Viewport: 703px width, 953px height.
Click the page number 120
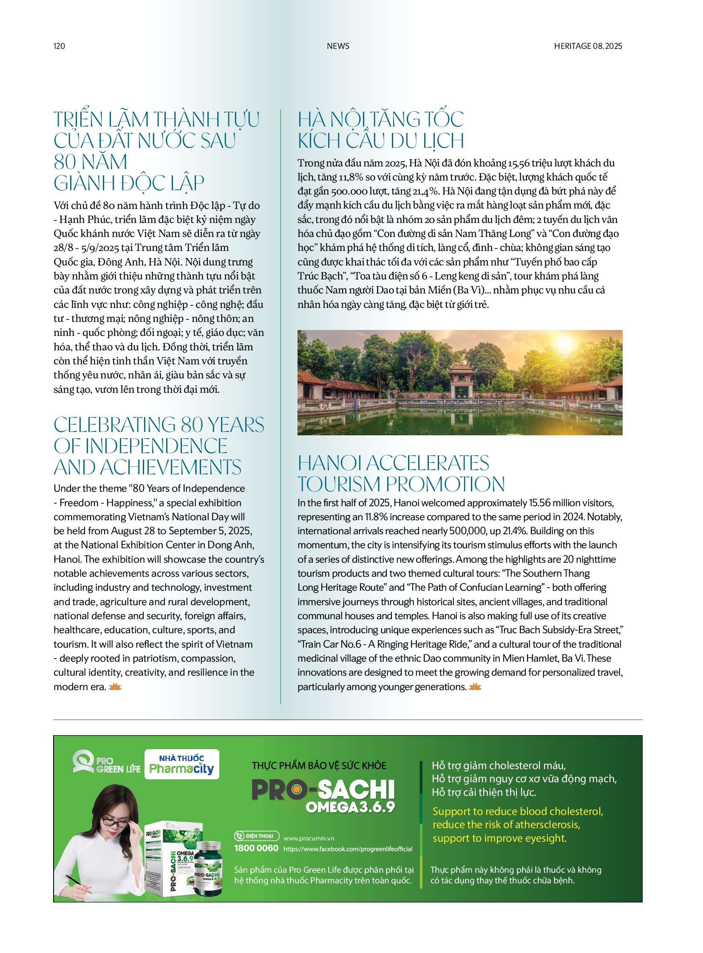tap(59, 46)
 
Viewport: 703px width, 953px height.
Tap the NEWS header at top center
tap(338, 46)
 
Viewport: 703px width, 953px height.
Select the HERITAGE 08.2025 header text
tap(588, 46)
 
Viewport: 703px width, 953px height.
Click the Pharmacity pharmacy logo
tap(182, 764)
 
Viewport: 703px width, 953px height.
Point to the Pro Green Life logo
tap(106, 763)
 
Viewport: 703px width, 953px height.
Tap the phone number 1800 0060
tap(256, 848)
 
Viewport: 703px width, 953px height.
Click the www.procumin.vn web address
tap(309, 838)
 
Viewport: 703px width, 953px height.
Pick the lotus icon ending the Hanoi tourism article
tap(475, 686)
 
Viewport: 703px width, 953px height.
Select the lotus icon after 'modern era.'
tap(115, 686)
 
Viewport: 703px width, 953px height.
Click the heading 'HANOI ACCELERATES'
tap(393, 463)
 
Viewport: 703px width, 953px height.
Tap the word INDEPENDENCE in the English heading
tap(156, 446)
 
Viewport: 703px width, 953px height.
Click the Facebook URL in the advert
tap(348, 849)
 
